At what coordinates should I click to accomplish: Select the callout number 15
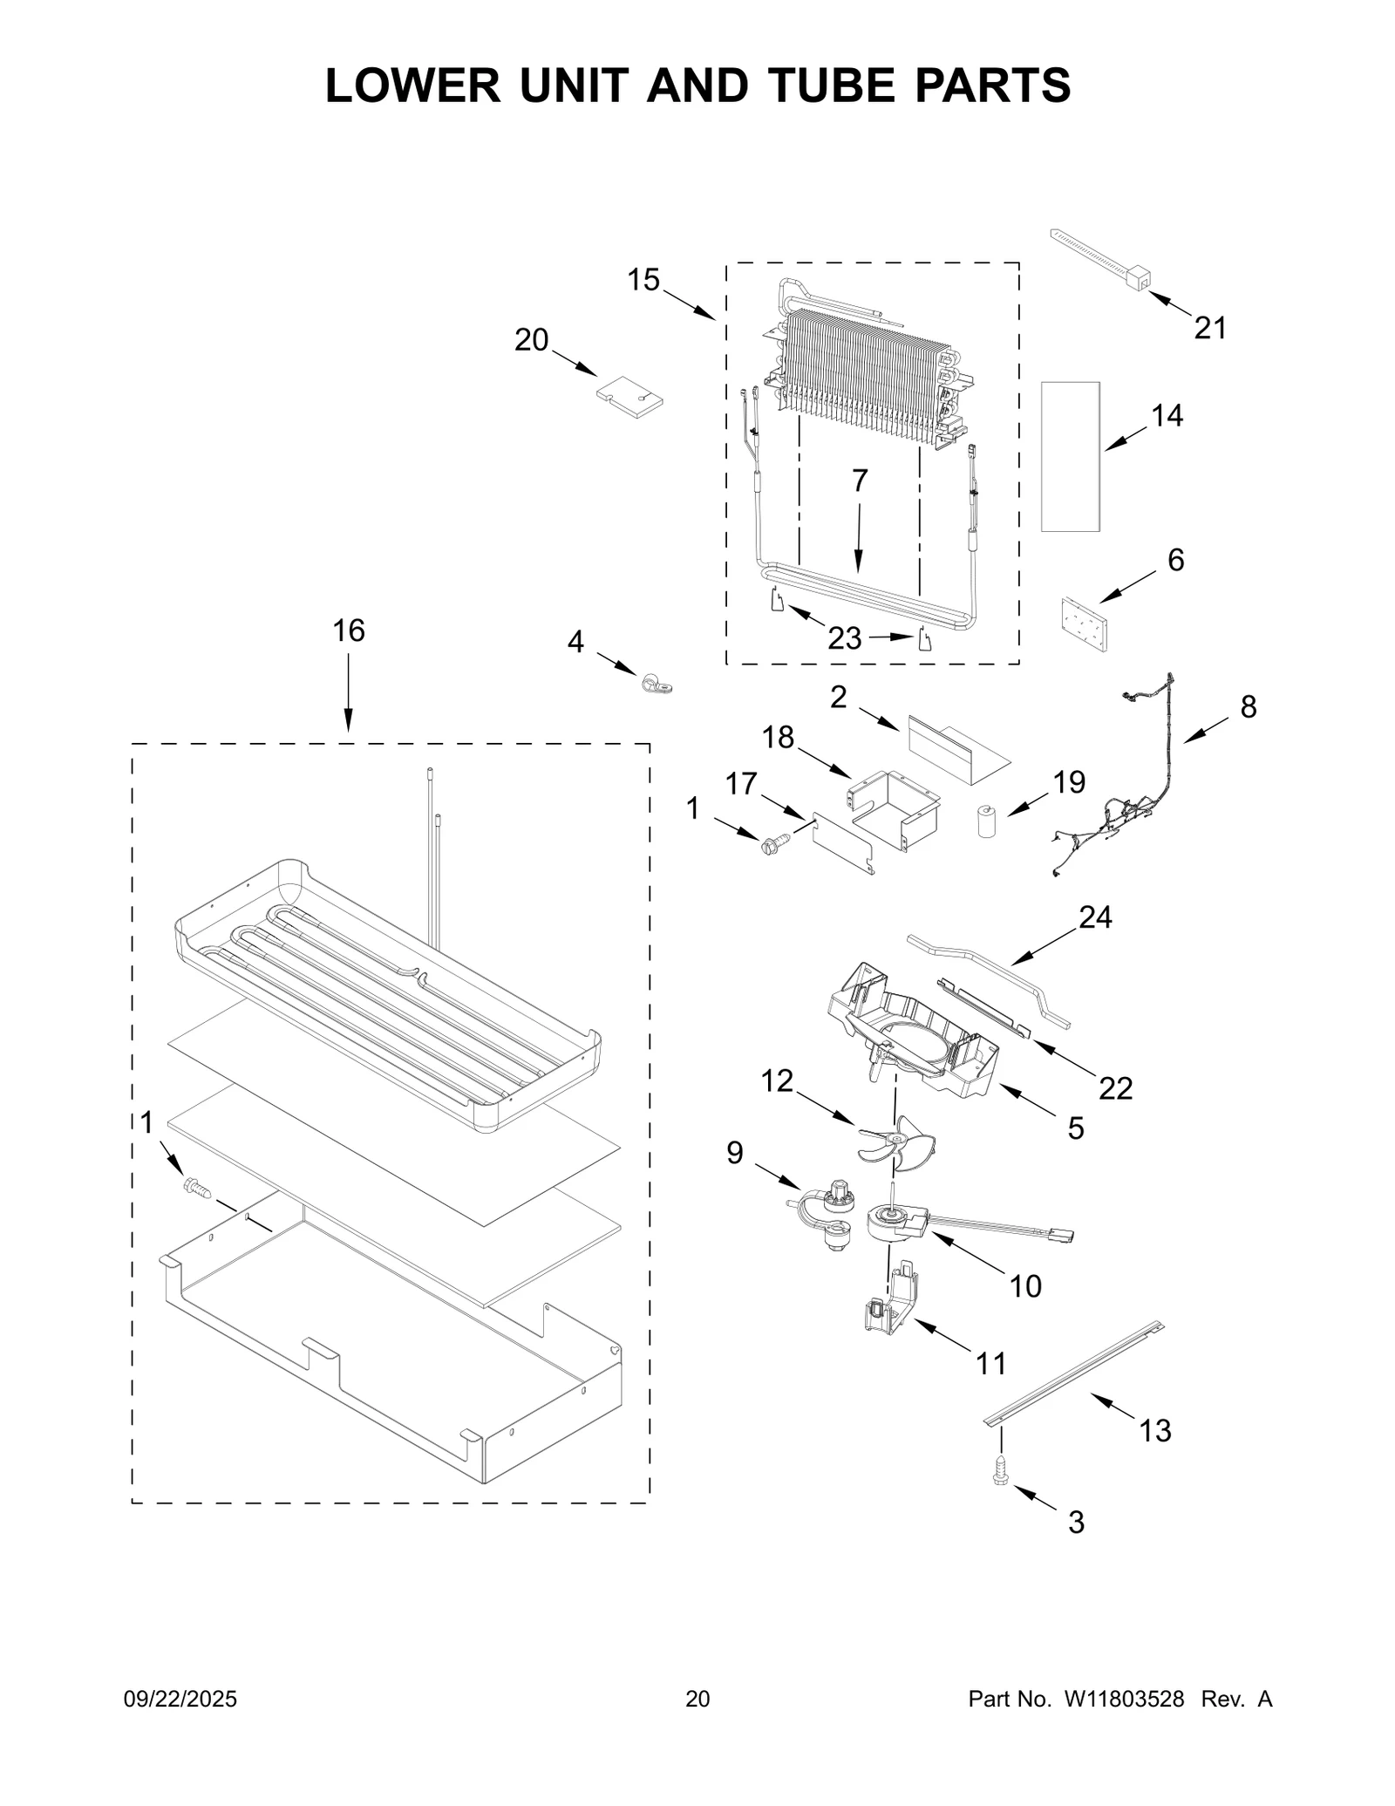click(643, 280)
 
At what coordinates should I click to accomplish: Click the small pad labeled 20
click(629, 397)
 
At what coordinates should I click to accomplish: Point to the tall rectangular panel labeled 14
click(1070, 456)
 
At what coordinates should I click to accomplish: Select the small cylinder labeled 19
click(986, 821)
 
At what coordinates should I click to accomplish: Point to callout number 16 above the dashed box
click(349, 630)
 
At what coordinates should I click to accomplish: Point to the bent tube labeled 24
click(990, 975)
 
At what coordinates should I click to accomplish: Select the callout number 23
click(844, 639)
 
